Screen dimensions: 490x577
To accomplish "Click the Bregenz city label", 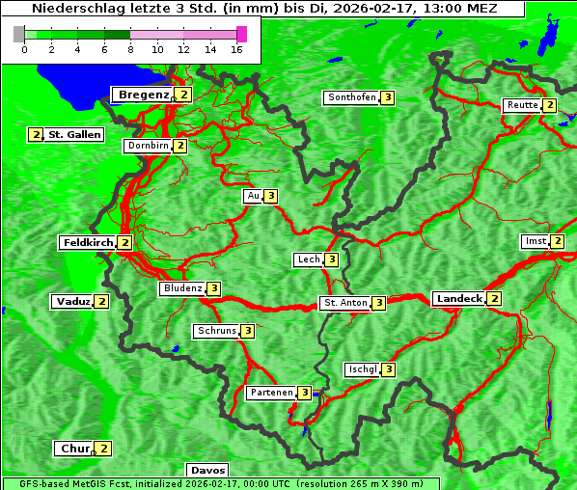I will point(143,95).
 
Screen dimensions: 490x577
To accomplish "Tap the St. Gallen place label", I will point(74,135).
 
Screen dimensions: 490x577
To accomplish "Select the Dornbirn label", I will point(148,146).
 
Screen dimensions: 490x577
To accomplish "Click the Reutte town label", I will point(521,105).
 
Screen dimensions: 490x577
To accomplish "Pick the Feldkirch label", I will point(88,243).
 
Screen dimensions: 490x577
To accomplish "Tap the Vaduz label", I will point(73,301).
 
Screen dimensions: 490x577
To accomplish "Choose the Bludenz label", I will point(182,288).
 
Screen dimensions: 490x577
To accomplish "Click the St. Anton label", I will point(345,303).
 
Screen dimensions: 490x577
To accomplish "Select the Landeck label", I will point(458,299).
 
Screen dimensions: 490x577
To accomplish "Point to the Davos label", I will point(207,471).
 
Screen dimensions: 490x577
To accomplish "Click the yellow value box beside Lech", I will point(332,259).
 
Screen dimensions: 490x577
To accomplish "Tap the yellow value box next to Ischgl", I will point(389,369).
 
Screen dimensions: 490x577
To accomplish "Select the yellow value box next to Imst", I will point(558,241).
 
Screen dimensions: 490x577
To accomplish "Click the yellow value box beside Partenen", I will point(305,393).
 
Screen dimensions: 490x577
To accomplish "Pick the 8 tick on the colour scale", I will point(130,49).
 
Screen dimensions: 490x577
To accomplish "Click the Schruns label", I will point(216,331).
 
